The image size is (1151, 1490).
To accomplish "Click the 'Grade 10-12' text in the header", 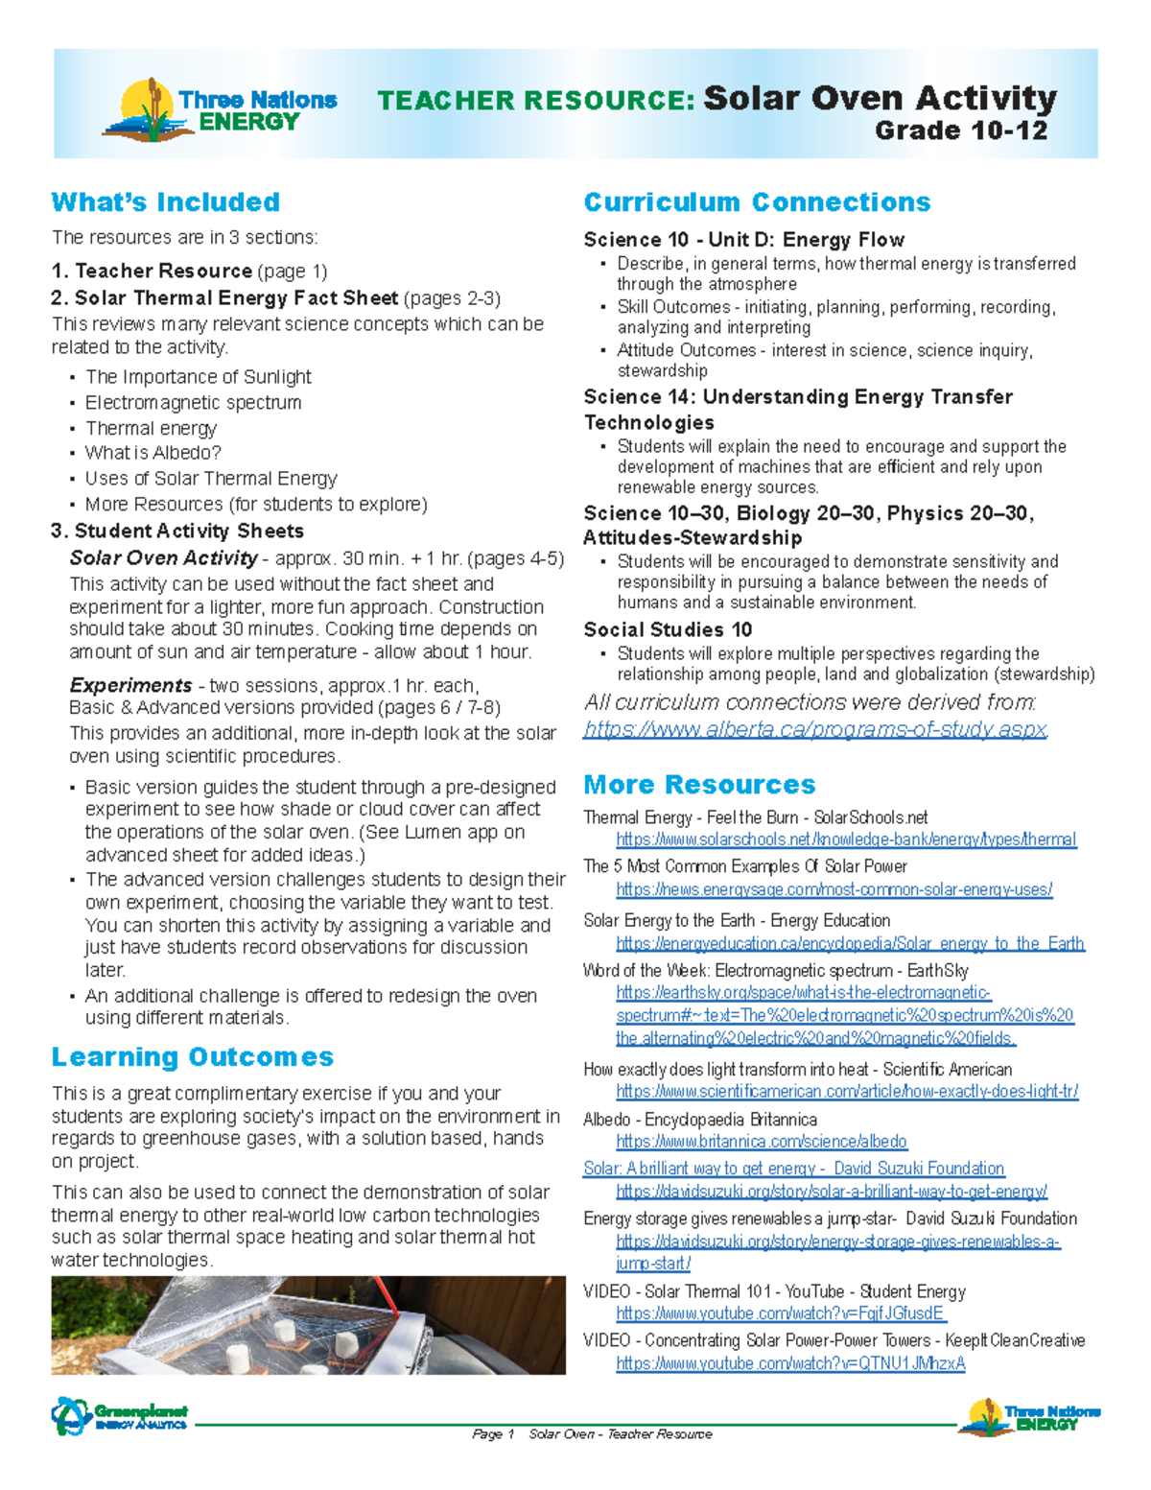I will pyautogui.click(x=960, y=130).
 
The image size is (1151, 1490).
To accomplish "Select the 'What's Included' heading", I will pyautogui.click(x=166, y=202).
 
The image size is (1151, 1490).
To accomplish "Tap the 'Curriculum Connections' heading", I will pyautogui.click(x=757, y=202).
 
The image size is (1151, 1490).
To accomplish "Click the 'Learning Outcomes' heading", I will pyautogui.click(x=193, y=1057).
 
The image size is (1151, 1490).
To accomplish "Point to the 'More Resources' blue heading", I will pyautogui.click(x=699, y=785).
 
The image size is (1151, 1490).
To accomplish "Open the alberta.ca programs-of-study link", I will pyautogui.click(x=815, y=729).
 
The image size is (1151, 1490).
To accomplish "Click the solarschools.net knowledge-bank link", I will pyautogui.click(x=846, y=840).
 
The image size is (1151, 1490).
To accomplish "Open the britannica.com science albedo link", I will pyautogui.click(x=762, y=1142).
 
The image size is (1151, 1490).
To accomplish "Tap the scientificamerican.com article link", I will pyautogui.click(x=847, y=1092).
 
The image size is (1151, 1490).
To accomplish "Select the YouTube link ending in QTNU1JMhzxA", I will pyautogui.click(x=790, y=1363).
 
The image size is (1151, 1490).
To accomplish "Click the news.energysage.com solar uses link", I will pyautogui.click(x=834, y=889).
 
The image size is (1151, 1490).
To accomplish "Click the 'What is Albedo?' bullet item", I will pyautogui.click(x=153, y=453).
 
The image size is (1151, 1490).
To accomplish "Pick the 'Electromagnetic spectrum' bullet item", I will pyautogui.click(x=193, y=403).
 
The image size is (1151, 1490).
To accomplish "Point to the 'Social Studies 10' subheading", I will pyautogui.click(x=668, y=630).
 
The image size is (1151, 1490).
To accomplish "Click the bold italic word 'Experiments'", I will pyautogui.click(x=130, y=686).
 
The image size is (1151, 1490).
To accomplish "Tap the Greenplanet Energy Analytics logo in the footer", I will pyautogui.click(x=120, y=1416).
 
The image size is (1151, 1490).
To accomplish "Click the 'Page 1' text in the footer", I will pyautogui.click(x=493, y=1434).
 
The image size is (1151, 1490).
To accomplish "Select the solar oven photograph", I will pyautogui.click(x=308, y=1325).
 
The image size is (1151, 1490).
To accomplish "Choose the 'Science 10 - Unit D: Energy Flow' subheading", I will pyautogui.click(x=743, y=240).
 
